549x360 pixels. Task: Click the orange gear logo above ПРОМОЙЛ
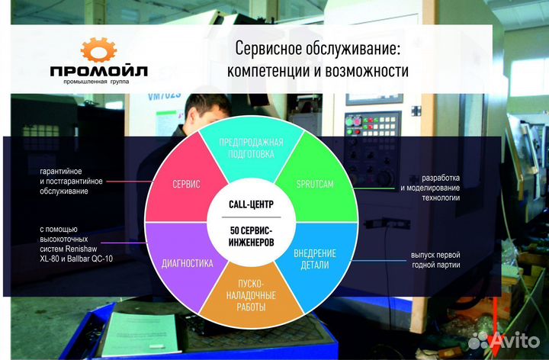click(98, 50)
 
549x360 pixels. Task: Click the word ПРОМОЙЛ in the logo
click(99, 72)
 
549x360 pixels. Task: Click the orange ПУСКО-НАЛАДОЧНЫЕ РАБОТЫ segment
click(251, 294)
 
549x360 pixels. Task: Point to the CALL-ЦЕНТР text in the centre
click(251, 204)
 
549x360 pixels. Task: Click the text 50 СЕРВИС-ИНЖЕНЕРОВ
click(251, 236)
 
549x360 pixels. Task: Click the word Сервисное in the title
click(268, 48)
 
